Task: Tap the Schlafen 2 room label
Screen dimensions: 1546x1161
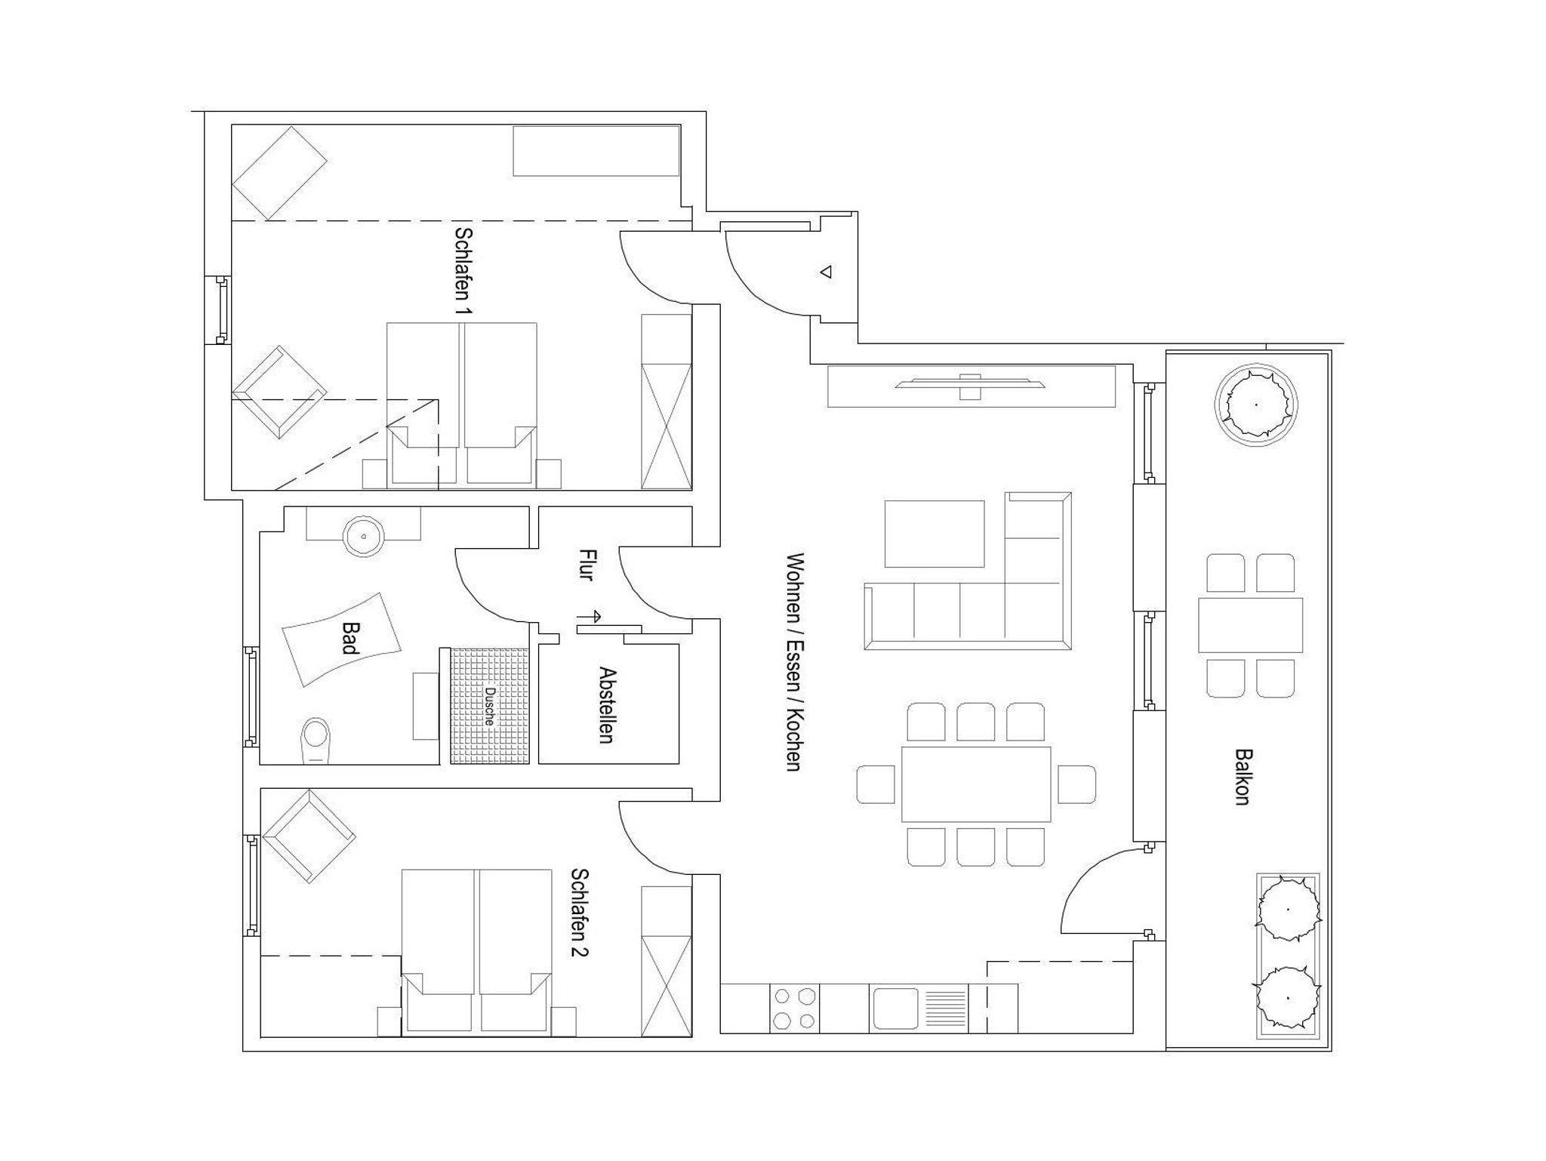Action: (x=580, y=912)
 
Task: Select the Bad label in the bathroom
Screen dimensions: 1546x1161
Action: (x=349, y=637)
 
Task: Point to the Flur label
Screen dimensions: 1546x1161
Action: (x=586, y=565)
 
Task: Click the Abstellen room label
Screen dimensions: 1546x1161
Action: (x=606, y=704)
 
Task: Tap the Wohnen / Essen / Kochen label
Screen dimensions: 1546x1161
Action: (x=793, y=661)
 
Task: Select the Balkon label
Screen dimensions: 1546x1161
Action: (x=1243, y=777)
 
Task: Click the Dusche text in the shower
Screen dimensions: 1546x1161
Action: (x=489, y=706)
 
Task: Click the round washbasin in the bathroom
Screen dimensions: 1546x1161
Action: (x=364, y=536)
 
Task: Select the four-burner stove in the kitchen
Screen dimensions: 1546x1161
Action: (x=794, y=1009)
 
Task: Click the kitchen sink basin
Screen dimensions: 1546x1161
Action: (x=895, y=1009)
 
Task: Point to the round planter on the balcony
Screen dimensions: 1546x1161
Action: (x=1256, y=405)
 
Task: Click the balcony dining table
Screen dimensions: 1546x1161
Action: (x=1250, y=625)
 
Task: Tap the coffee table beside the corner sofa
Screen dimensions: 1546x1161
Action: (x=935, y=534)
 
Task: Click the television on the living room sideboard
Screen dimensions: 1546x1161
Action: (x=971, y=385)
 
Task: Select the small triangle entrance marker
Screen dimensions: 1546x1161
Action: (x=826, y=272)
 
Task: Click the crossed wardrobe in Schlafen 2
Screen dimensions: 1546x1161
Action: (x=667, y=986)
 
